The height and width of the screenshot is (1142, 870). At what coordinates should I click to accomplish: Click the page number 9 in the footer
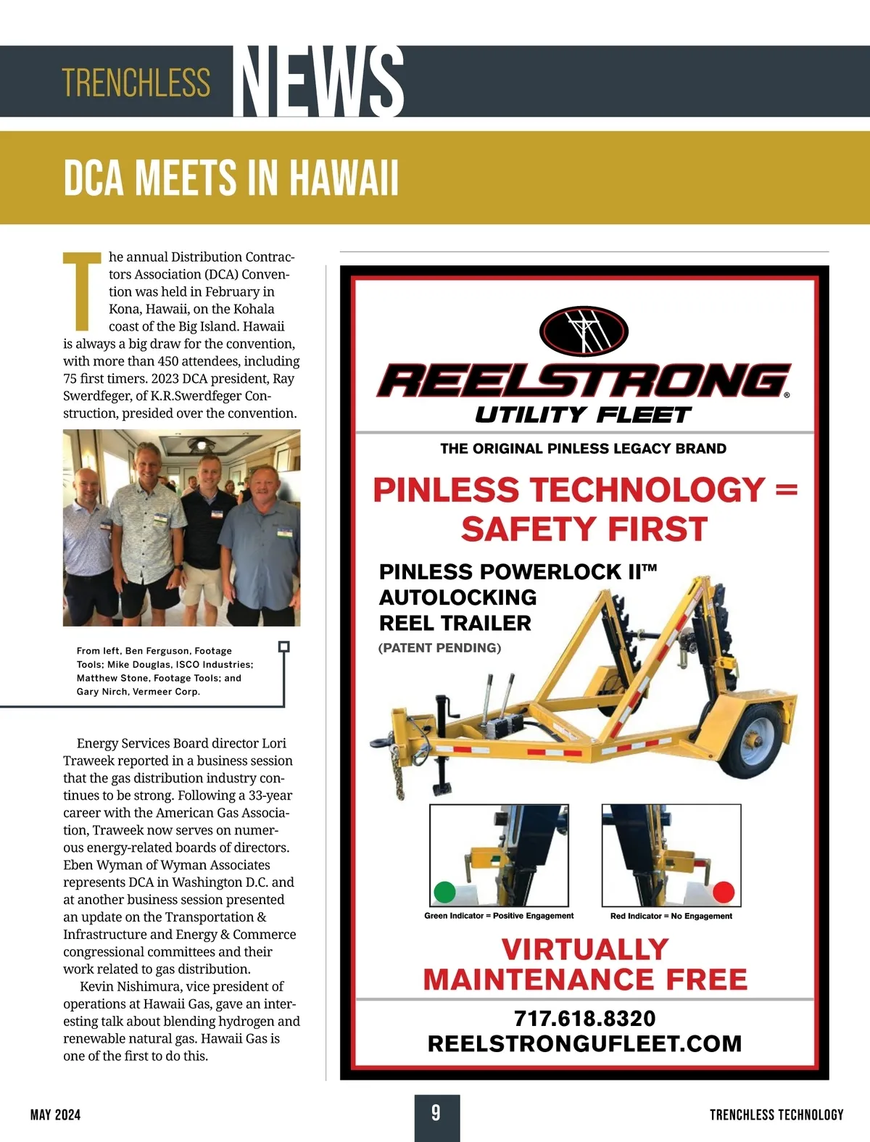(x=436, y=1112)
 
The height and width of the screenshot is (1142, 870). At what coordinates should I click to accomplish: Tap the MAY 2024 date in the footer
(x=56, y=1114)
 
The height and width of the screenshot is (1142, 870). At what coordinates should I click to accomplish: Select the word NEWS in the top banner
(x=319, y=81)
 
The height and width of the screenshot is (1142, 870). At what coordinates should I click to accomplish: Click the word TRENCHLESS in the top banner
(x=136, y=83)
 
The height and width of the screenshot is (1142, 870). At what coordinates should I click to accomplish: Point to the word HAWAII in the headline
(x=344, y=178)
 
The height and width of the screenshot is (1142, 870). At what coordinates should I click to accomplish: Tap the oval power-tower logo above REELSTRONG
(x=584, y=331)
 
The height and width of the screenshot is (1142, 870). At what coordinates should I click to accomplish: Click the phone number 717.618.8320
(x=584, y=1018)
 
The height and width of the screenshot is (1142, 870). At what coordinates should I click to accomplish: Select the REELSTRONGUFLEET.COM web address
(x=584, y=1043)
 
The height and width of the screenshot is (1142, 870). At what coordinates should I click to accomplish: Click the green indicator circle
(x=444, y=892)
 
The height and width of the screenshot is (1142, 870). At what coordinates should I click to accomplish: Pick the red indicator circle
(x=723, y=892)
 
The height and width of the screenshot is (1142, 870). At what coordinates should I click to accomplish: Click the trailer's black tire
(x=754, y=736)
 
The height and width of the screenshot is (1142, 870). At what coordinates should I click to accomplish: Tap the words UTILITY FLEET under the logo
(x=584, y=415)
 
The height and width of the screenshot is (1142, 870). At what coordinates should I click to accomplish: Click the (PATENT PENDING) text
(x=439, y=647)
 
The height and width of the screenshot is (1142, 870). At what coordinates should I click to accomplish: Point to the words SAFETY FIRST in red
(x=584, y=529)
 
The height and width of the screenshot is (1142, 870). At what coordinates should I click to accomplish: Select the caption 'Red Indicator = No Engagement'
(x=671, y=916)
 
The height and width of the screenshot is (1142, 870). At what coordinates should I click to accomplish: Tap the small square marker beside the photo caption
(x=284, y=646)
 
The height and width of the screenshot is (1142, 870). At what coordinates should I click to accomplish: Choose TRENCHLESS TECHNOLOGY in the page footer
(x=776, y=1114)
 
